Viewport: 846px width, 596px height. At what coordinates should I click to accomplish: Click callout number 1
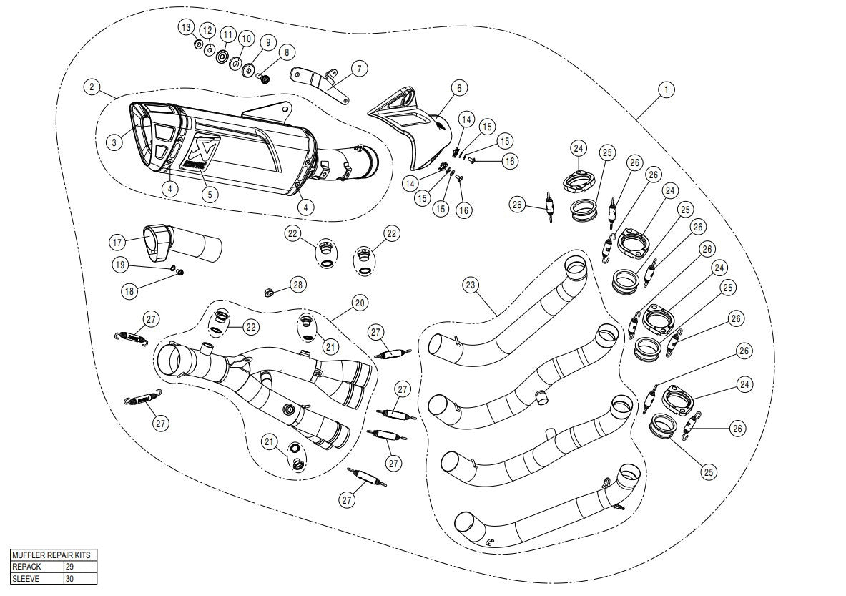(x=665, y=89)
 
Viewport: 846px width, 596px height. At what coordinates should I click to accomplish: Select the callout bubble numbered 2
(x=91, y=87)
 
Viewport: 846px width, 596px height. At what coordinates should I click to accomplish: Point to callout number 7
(x=358, y=69)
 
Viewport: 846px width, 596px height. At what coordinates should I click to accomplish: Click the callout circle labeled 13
(x=186, y=27)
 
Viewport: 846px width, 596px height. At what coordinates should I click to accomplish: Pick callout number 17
(x=117, y=242)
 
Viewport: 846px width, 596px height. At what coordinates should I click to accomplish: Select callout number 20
(x=359, y=303)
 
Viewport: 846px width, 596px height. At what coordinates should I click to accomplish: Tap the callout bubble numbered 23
(x=470, y=285)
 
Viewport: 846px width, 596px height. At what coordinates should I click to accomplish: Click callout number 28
(x=297, y=285)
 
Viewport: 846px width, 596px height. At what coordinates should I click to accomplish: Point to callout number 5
(x=209, y=193)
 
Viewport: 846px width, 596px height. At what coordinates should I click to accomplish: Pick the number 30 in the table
(x=70, y=578)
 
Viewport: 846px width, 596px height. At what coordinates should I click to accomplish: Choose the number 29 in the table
(x=70, y=566)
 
